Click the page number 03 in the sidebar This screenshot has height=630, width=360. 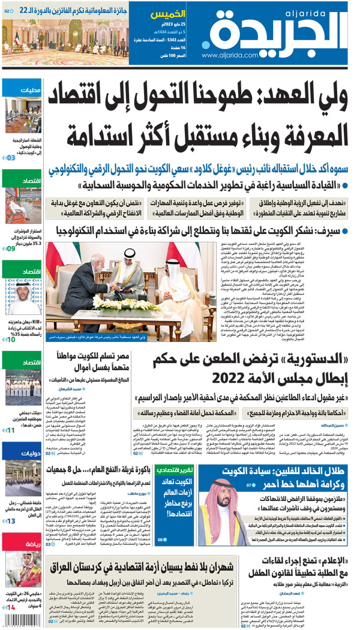tap(11, 158)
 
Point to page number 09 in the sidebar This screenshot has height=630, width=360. tap(11, 248)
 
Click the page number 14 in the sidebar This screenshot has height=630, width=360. tap(11, 608)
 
